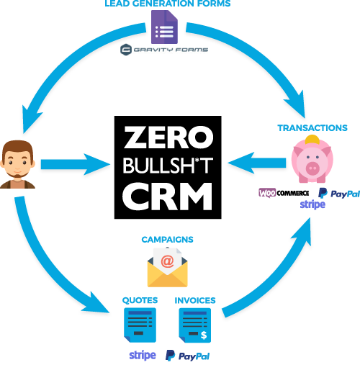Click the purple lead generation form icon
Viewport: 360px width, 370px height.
[x=164, y=27]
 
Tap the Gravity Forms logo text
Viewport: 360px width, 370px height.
[x=171, y=50]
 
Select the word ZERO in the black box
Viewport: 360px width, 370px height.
[x=168, y=137]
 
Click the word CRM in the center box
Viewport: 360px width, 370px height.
[x=168, y=196]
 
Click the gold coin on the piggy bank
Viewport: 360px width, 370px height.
[x=312, y=140]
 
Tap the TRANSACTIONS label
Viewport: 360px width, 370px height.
[x=312, y=128]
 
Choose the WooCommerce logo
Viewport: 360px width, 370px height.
[x=284, y=193]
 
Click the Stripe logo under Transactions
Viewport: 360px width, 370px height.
[x=312, y=204]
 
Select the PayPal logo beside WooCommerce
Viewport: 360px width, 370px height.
[x=339, y=194]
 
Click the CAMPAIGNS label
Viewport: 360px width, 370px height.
[x=167, y=240]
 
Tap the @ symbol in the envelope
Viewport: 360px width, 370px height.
[x=167, y=261]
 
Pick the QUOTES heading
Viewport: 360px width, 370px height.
[x=140, y=300]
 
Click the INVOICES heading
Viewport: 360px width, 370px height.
[x=195, y=300]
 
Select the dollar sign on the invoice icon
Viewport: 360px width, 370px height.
[x=204, y=335]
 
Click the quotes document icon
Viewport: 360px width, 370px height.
[x=140, y=325]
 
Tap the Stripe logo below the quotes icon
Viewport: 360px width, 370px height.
[x=143, y=356]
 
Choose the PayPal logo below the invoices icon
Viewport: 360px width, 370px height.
[x=187, y=356]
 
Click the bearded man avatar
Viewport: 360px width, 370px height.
[x=17, y=164]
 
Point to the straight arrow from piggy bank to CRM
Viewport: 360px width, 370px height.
[x=257, y=163]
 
